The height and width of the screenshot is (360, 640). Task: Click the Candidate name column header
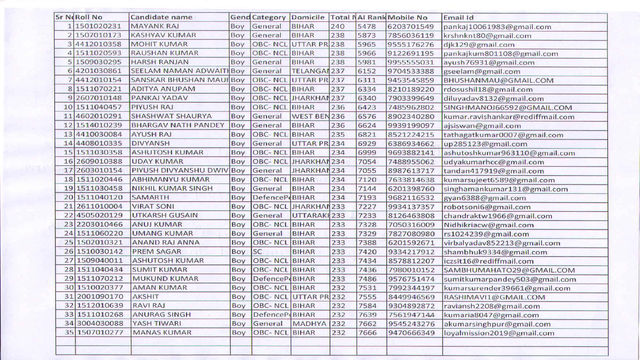point(161,17)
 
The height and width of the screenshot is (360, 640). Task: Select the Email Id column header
point(458,18)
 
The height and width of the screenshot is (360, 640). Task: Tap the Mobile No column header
point(407,17)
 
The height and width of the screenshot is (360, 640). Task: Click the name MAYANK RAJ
point(155,26)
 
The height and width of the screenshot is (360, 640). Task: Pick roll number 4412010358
point(99,44)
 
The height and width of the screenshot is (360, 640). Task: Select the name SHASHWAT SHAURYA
point(171,116)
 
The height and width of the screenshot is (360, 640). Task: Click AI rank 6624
point(367,125)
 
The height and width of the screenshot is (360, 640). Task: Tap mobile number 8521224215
point(411,135)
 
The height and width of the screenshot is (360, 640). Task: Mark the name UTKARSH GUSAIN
point(165,215)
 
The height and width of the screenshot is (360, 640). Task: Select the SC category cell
point(257,252)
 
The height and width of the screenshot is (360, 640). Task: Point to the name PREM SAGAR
point(157,252)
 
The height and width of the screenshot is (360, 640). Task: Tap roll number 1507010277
point(100,333)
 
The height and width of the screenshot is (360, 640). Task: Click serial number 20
point(68,197)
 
